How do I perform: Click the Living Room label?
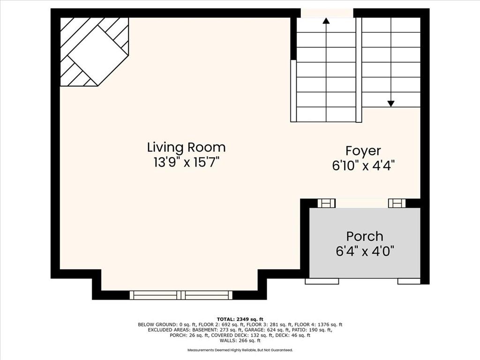pos(187,147)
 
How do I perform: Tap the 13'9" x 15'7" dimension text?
pos(187,162)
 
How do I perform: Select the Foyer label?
pos(363,151)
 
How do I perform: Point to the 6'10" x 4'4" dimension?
pos(363,165)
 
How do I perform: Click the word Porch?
pos(365,236)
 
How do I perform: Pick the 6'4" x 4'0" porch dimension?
pos(365,252)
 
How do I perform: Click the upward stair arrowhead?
pos(326,21)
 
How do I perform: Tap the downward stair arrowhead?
pos(390,104)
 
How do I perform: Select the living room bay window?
pos(181,295)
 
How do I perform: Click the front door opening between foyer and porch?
pos(362,203)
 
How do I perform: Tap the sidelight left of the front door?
pos(327,203)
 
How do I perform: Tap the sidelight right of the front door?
pos(397,203)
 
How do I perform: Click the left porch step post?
pos(322,281)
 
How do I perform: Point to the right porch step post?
pos(409,281)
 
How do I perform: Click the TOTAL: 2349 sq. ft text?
pos(240,319)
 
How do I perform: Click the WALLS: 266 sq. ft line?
pos(240,340)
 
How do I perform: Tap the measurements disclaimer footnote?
pos(240,350)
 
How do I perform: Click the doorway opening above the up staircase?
pos(327,13)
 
